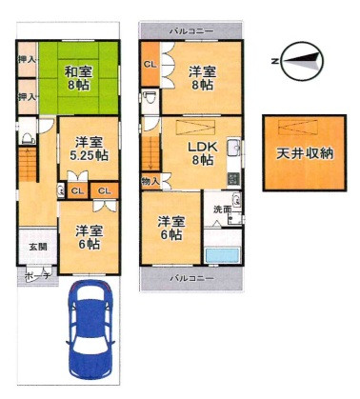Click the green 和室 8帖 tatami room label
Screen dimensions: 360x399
tap(78, 79)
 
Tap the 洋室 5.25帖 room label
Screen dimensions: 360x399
tap(89, 149)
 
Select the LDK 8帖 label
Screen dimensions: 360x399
tap(203, 153)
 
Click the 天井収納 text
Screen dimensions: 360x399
tap(305, 153)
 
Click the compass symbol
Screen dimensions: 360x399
tap(302, 62)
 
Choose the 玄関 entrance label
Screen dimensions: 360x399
tap(38, 247)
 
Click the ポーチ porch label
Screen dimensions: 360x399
tap(37, 275)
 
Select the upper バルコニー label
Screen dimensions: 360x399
tap(191, 31)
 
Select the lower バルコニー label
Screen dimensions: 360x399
tap(191, 278)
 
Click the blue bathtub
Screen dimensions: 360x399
tap(222, 255)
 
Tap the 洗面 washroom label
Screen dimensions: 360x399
tap(222, 209)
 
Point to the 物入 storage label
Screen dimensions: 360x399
tap(150, 182)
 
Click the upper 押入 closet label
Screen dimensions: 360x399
tap(27, 59)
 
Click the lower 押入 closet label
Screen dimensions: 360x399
tap(27, 96)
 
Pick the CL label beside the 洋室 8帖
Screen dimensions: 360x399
tap(150, 65)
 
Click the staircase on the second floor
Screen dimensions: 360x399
tap(150, 154)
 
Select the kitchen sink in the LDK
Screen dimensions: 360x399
tap(234, 148)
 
